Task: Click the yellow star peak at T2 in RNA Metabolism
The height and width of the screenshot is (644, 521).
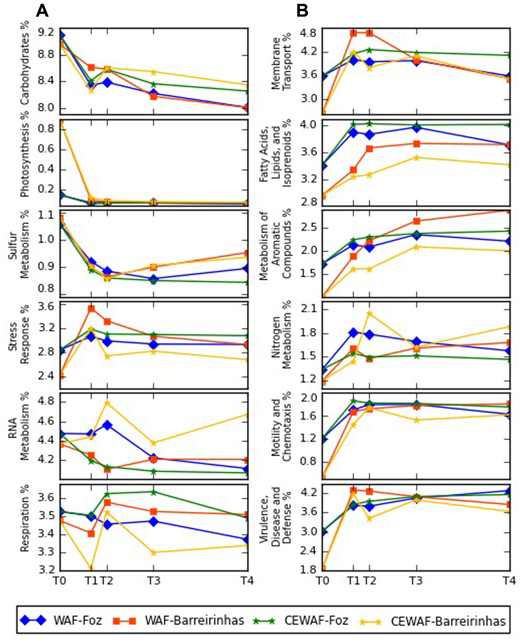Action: point(107,403)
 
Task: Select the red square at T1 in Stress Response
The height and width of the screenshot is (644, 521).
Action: point(91,309)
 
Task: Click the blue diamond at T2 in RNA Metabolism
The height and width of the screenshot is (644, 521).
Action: point(107,425)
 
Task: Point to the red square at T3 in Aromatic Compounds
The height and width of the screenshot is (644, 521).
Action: point(416,221)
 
